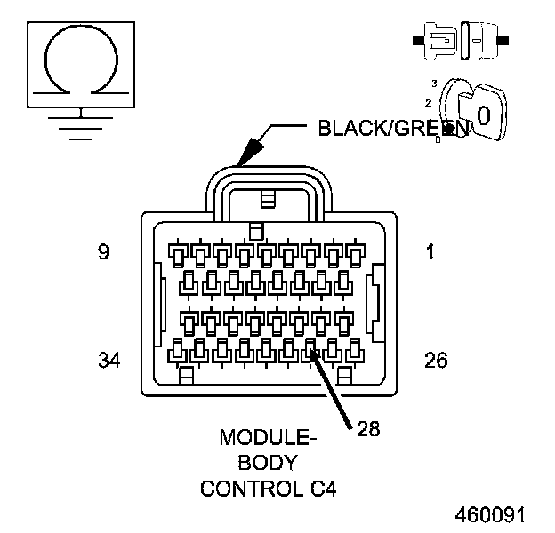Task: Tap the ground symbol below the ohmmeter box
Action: coord(81,123)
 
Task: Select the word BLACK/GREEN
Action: coord(391,129)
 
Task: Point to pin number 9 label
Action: coord(103,252)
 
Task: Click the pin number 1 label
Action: coord(430,252)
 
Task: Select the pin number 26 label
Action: coord(436,360)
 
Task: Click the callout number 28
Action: coord(368,429)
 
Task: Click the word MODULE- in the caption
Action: coord(268,438)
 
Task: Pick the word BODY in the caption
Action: coord(268,463)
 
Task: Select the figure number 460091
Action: coord(490,515)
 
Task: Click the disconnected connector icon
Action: coord(459,40)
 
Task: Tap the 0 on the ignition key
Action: coord(482,115)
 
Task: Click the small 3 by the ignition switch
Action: coord(434,83)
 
